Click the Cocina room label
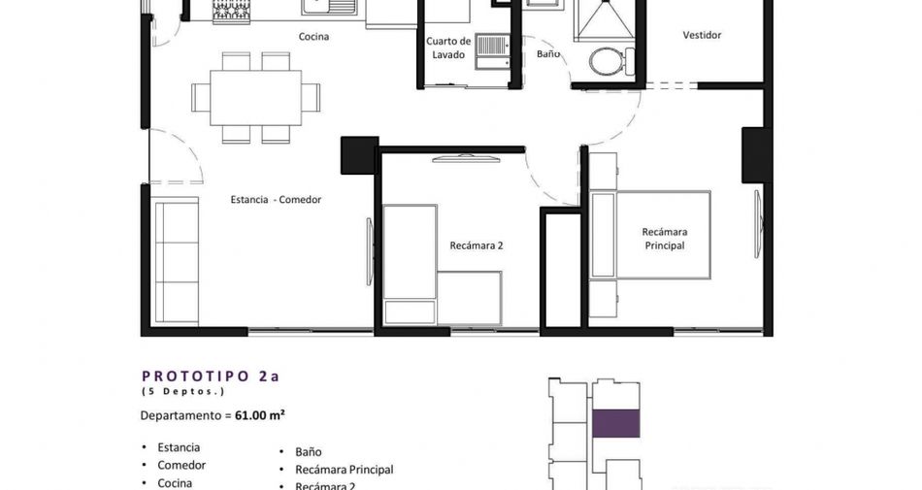(313, 37)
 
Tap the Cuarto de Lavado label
(448, 48)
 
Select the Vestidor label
(702, 35)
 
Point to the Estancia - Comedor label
(276, 199)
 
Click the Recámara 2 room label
(477, 245)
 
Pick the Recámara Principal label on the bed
(665, 239)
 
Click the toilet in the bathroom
(611, 61)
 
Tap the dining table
(256, 98)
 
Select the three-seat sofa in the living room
(176, 261)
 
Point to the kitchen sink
(329, 7)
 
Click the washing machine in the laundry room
(492, 51)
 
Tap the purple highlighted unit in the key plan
(615, 424)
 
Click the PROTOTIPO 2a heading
(211, 376)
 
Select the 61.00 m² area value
(260, 415)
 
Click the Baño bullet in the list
(308, 452)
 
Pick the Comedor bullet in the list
(181, 465)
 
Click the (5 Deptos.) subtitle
(182, 391)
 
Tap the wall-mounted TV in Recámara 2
(466, 158)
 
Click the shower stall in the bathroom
(605, 20)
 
